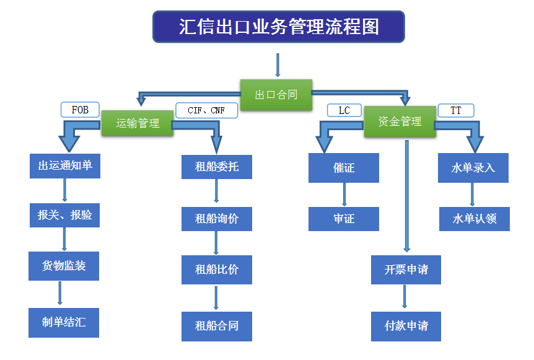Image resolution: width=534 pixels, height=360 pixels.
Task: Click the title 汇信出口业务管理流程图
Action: pos(278,27)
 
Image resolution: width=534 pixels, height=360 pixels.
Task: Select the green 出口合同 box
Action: pos(276,95)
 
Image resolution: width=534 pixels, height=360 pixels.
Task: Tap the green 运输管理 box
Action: pos(137,123)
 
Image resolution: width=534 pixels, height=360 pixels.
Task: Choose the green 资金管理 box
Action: pos(400,121)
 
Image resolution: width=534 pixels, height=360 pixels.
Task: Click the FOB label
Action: pos(80,110)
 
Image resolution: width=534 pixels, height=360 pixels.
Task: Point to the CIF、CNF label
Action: pos(206,110)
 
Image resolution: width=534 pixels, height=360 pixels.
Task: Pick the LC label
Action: pos(344,110)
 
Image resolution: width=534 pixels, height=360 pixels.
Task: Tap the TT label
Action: pos(455,110)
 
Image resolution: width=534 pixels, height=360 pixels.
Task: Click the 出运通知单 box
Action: pos(64,166)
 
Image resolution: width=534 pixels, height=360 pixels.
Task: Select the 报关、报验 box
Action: pos(64,215)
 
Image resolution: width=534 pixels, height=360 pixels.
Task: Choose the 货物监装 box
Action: pos(63,266)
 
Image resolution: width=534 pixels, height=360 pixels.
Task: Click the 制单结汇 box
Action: pos(63,322)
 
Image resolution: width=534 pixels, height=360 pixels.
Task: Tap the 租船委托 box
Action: pos(216,167)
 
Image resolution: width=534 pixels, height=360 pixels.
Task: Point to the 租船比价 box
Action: pos(216,270)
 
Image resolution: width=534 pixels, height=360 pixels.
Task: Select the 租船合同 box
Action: pos(216,326)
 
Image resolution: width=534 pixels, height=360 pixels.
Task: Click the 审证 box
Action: pos(343,219)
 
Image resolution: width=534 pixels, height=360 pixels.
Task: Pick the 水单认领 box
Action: pos(474,219)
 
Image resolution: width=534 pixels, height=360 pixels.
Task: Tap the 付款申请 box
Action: pos(406,326)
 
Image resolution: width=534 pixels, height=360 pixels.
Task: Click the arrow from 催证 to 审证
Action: pos(344,195)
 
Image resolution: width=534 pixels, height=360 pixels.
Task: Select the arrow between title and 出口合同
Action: pos(278,65)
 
